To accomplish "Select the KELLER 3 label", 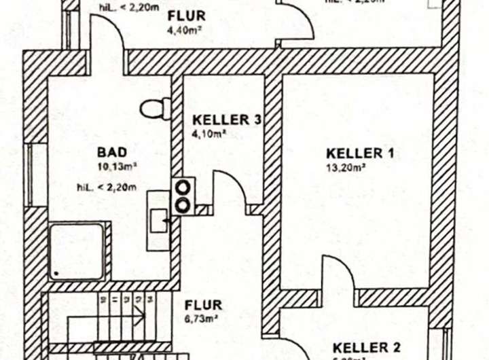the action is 222,120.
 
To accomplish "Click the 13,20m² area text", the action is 346,167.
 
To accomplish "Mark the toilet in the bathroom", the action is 154,107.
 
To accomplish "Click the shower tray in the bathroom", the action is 77,251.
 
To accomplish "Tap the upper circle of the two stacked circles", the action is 183,185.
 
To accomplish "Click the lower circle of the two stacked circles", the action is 183,203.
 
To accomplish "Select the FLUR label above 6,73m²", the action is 203,305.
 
